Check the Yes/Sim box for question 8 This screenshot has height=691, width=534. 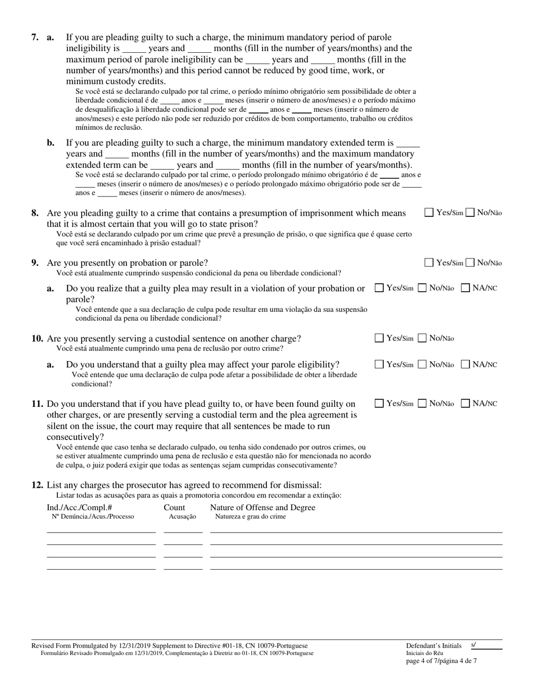(x=429, y=212)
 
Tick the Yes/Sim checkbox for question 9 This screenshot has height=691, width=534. (x=429, y=262)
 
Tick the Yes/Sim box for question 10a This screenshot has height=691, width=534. (x=379, y=364)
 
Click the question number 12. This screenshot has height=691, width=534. (x=37, y=485)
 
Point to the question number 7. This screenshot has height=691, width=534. (x=35, y=38)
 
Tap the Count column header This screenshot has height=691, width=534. (x=174, y=508)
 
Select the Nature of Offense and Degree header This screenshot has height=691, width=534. (x=263, y=508)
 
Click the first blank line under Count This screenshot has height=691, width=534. (x=183, y=531)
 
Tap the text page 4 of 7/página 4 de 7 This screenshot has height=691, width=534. (x=441, y=661)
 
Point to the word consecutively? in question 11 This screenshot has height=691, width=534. (x=75, y=437)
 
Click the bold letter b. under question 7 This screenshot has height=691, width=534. (x=51, y=143)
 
